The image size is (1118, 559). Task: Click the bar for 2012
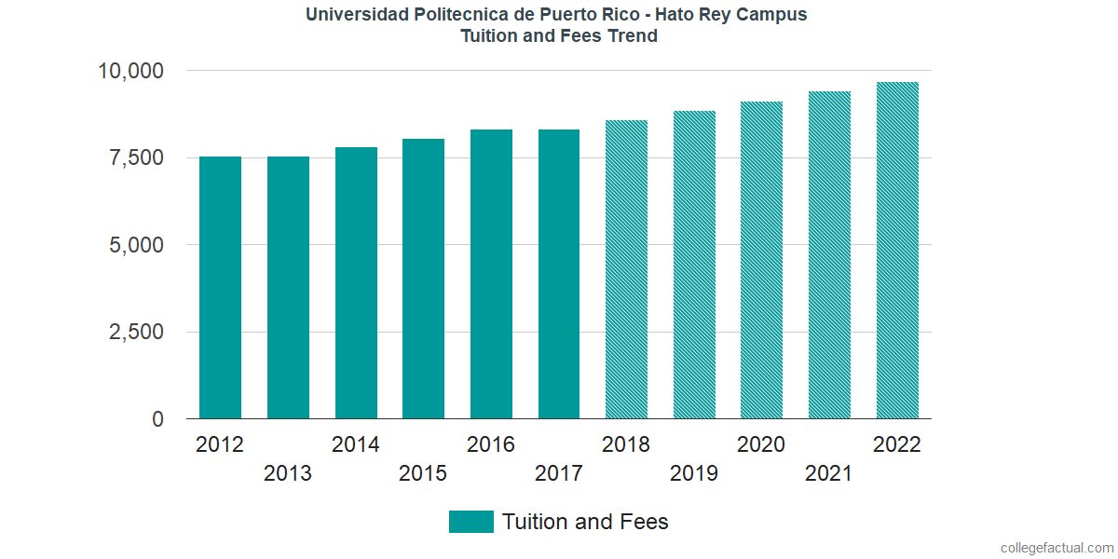pyautogui.click(x=220, y=288)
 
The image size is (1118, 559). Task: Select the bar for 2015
pyautogui.click(x=423, y=279)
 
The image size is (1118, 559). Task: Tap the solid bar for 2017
pyautogui.click(x=559, y=274)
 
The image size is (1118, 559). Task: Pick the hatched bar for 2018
pyautogui.click(x=626, y=269)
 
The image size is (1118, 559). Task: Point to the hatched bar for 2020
pyautogui.click(x=761, y=260)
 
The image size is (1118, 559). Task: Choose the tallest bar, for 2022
pyautogui.click(x=897, y=251)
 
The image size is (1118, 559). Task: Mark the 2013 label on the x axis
pyautogui.click(x=288, y=473)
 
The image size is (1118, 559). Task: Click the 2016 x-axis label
pyautogui.click(x=491, y=444)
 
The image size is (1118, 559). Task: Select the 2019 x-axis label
pyautogui.click(x=694, y=473)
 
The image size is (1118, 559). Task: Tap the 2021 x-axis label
pyautogui.click(x=829, y=473)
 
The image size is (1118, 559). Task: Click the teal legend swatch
pyautogui.click(x=470, y=522)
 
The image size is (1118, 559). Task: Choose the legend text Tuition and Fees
pyautogui.click(x=585, y=522)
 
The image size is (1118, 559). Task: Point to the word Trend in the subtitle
pyautogui.click(x=634, y=36)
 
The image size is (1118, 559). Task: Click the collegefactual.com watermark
pyautogui.click(x=1057, y=548)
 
